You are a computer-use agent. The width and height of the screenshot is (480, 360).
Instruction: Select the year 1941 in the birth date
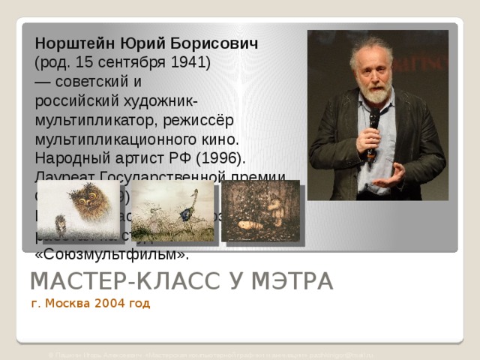coord(189,61)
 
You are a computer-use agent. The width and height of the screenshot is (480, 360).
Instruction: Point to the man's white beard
coord(375,93)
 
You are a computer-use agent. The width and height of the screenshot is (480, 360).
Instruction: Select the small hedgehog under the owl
coord(62,223)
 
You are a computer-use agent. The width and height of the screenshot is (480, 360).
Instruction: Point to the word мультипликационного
coord(126,139)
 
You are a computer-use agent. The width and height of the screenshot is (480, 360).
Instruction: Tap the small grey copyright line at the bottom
coord(210,352)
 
